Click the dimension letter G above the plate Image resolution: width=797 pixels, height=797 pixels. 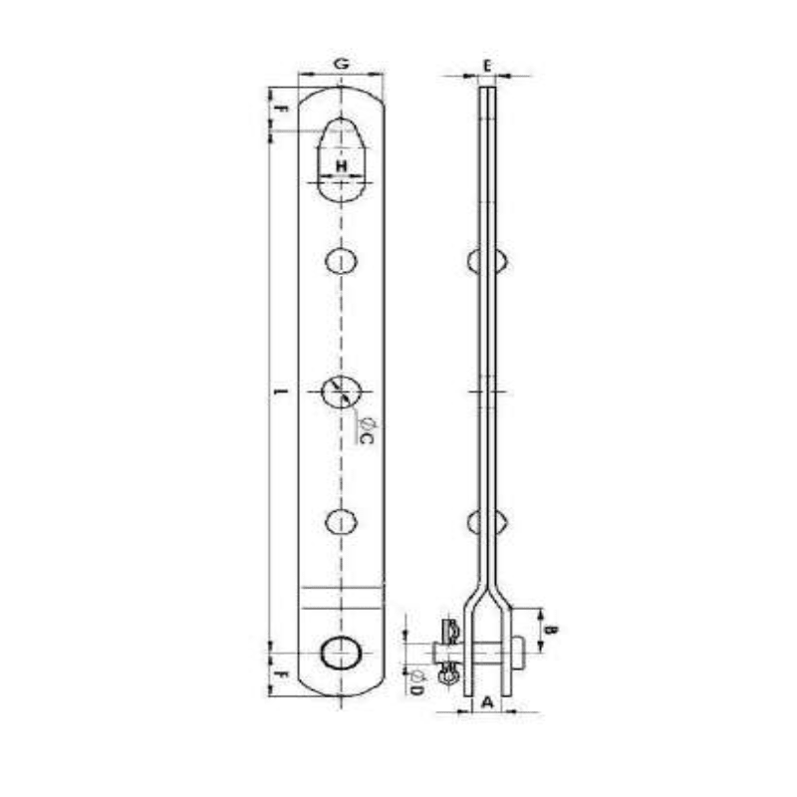[x=341, y=63]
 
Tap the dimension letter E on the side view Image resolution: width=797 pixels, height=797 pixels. [x=486, y=65]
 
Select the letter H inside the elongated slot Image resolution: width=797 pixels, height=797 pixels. [x=341, y=164]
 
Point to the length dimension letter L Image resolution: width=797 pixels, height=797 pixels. [x=280, y=391]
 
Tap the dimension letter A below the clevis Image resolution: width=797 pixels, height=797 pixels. [x=486, y=701]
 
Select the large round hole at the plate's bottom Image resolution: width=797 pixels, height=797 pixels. [x=341, y=653]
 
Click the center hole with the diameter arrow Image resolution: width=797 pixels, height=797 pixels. [x=341, y=390]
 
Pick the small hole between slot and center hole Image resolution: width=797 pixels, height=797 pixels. [x=341, y=261]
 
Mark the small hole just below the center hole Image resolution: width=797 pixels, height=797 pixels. [x=341, y=520]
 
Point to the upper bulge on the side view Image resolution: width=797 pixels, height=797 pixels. [x=487, y=261]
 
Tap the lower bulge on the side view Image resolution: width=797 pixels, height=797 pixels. [x=487, y=521]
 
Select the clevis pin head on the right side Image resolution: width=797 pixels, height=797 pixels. [x=517, y=654]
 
